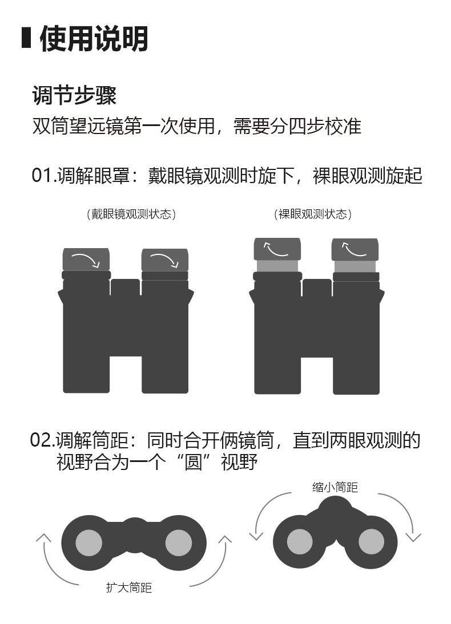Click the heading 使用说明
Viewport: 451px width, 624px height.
pyautogui.click(x=94, y=39)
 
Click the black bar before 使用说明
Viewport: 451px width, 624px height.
pyautogui.click(x=26, y=38)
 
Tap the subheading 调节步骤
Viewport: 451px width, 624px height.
pyautogui.click(x=74, y=95)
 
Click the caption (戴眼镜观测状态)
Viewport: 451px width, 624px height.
pyautogui.click(x=131, y=214)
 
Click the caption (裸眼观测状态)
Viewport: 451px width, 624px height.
pyautogui.click(x=313, y=214)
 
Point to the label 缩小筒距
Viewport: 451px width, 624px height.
pyautogui.click(x=335, y=487)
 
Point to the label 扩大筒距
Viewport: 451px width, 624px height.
pyautogui.click(x=128, y=587)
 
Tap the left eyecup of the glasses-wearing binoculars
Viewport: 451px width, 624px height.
pyautogui.click(x=86, y=260)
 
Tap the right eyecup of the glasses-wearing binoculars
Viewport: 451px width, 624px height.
pyautogui.click(x=164, y=260)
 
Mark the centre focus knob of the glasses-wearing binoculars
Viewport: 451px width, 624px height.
pyautogui.click(x=126, y=287)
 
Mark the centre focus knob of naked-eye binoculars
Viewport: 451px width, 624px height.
pyautogui.click(x=317, y=287)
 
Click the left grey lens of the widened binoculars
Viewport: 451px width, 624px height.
pyautogui.click(x=89, y=542)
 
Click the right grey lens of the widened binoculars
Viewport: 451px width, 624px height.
pyautogui.click(x=179, y=542)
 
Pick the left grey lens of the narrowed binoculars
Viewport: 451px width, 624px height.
pyautogui.click(x=300, y=542)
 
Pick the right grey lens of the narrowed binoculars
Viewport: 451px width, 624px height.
pyautogui.click(x=371, y=542)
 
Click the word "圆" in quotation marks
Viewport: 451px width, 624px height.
pyautogui.click(x=193, y=462)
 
